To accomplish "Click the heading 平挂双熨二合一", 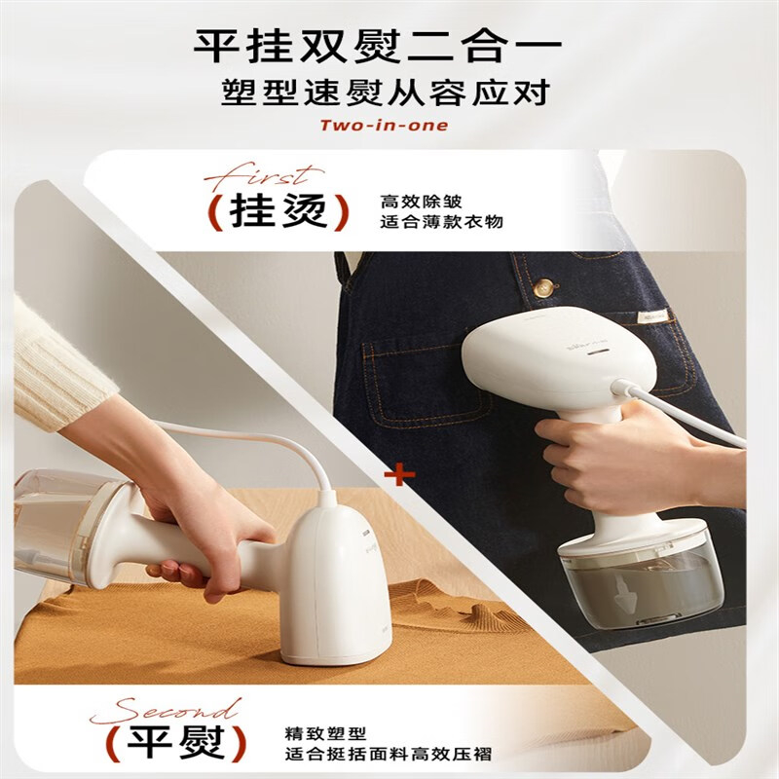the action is click(x=378, y=47).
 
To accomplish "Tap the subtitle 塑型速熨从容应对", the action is click(x=385, y=93).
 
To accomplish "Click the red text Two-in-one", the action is click(x=384, y=125).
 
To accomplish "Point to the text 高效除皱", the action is click(x=422, y=202).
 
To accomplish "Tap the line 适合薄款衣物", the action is click(x=442, y=222).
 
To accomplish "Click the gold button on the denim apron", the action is click(x=544, y=287).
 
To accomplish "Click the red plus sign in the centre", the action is click(x=399, y=474).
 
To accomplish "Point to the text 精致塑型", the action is click(x=326, y=733).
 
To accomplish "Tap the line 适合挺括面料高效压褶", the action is click(x=388, y=754).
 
